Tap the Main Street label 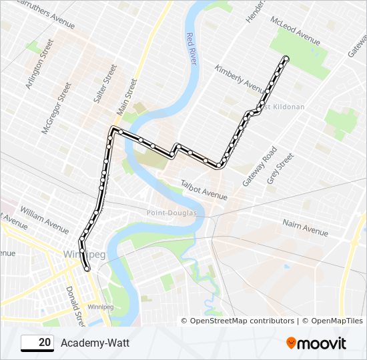127,96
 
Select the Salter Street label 105,83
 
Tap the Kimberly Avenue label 240,79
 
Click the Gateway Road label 260,166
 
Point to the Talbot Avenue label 204,189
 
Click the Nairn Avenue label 305,227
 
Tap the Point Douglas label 172,213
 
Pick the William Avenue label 44,220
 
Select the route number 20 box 37,343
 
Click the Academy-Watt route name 95,343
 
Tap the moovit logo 316,343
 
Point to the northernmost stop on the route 286,59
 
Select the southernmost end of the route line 87,269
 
